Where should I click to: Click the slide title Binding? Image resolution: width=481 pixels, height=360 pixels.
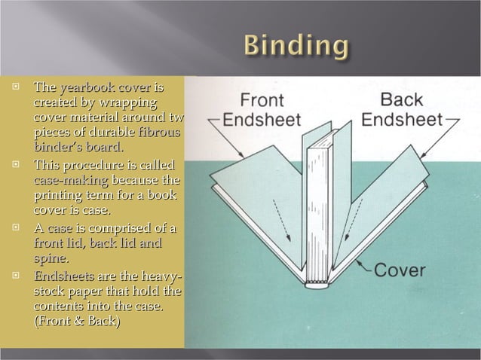[296, 47]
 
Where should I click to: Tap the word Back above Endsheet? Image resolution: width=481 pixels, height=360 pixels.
[402, 99]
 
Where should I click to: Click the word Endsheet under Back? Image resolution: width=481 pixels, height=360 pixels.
[402, 119]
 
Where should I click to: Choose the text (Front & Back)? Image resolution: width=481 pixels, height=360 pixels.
[76, 322]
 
